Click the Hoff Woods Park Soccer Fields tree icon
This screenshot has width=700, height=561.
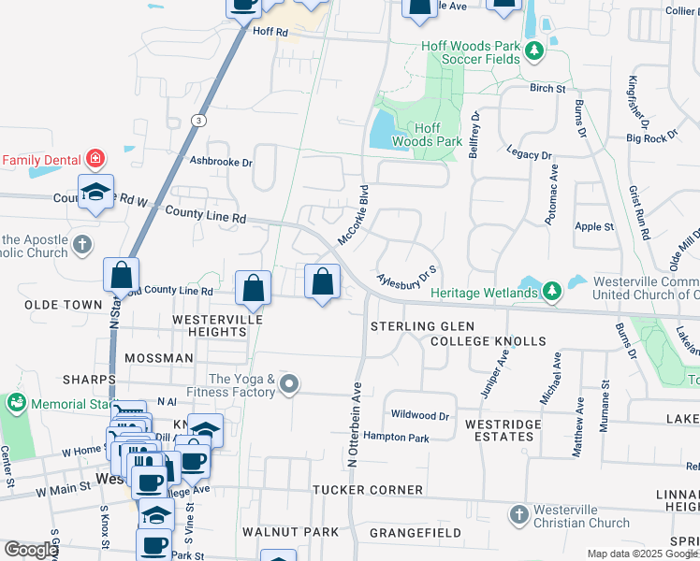[534, 50]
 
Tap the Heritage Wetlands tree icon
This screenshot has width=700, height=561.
[552, 292]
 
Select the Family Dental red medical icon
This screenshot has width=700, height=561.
[95, 158]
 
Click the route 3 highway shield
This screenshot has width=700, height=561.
[198, 121]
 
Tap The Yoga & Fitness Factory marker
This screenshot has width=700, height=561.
[290, 384]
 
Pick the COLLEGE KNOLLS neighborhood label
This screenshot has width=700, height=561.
[488, 341]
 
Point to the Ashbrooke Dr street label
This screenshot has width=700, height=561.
[221, 162]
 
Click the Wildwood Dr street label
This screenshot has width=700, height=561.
[420, 414]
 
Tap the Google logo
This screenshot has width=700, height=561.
[31, 550]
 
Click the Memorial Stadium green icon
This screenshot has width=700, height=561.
[16, 402]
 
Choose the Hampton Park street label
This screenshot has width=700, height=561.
[396, 438]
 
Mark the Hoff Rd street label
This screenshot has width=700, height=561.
[270, 31]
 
